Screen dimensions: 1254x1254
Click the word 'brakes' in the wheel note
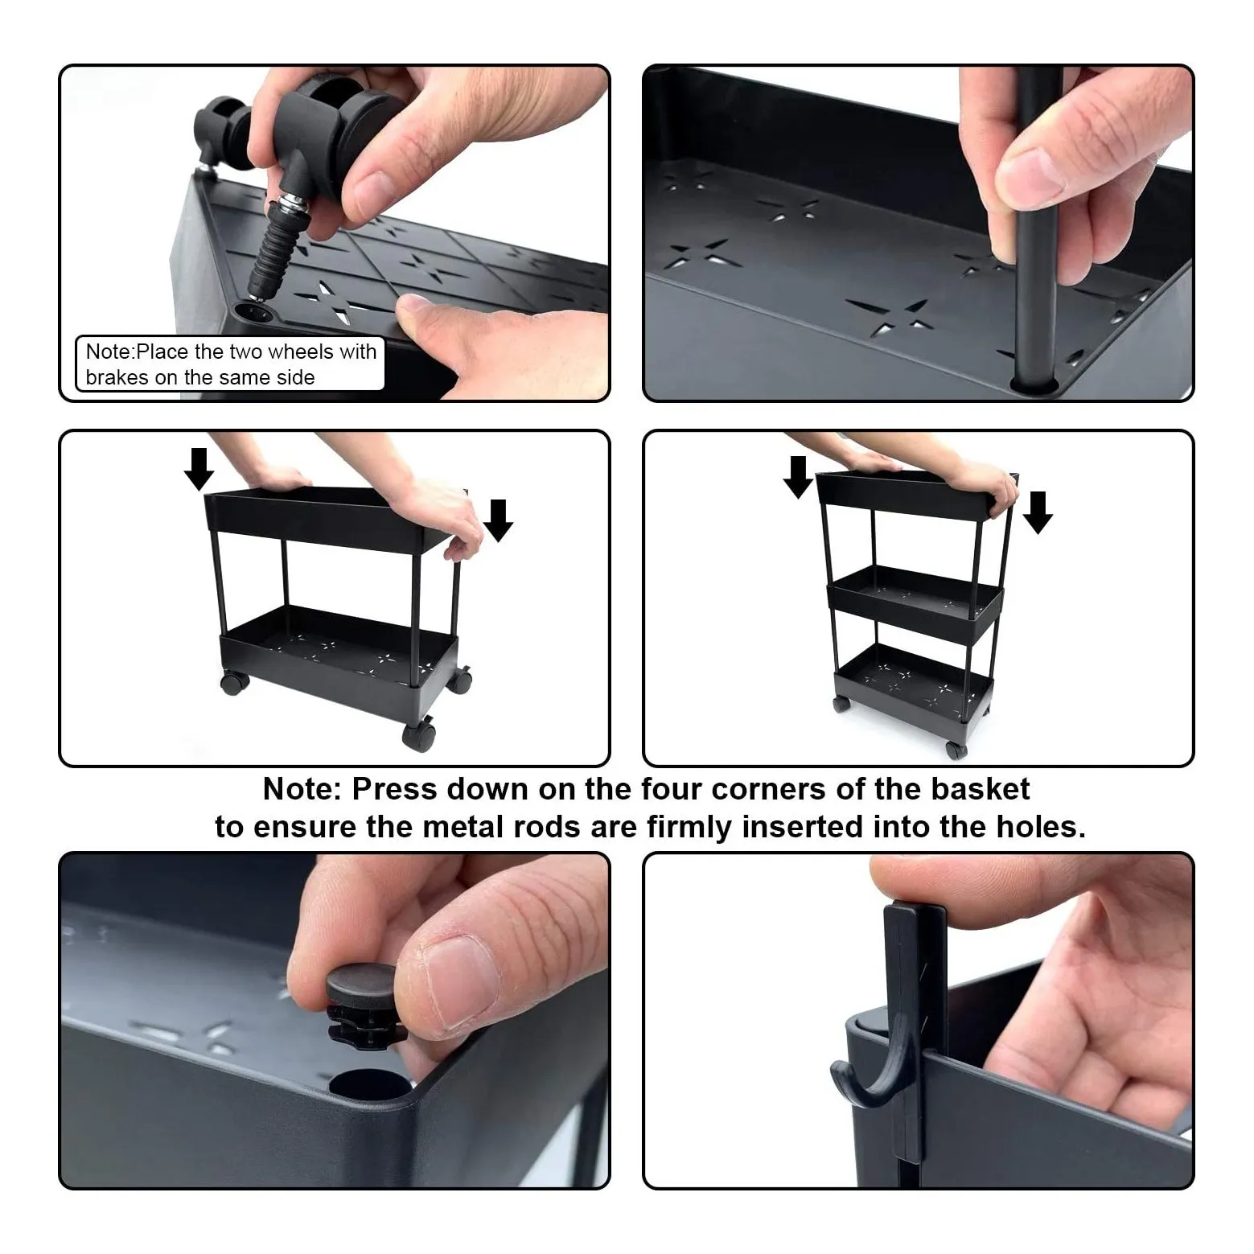[x=117, y=377]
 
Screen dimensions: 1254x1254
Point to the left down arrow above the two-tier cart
[x=199, y=469]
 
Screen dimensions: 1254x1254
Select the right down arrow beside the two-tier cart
[x=498, y=520]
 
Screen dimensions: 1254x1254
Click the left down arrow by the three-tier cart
[x=798, y=477]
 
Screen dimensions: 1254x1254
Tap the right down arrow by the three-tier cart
[x=1038, y=512]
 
